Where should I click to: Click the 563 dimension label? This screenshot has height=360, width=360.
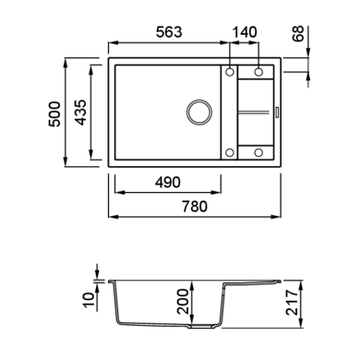click(x=169, y=32)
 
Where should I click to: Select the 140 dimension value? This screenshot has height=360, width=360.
click(x=245, y=32)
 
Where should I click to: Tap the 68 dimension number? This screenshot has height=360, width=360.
click(x=298, y=34)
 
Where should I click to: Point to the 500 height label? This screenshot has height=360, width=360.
click(x=54, y=114)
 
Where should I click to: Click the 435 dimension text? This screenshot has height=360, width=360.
click(x=81, y=113)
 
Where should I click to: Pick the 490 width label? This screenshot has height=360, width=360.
click(x=168, y=183)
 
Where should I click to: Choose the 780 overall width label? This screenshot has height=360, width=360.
click(x=195, y=207)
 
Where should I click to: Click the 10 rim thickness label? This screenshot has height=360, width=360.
click(x=89, y=300)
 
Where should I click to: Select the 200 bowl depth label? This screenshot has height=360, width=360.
click(x=184, y=301)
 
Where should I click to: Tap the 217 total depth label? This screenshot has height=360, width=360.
click(x=293, y=302)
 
